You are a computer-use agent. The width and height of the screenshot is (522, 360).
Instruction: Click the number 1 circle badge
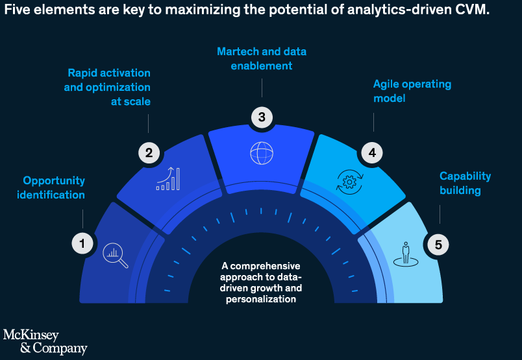pyautogui.click(x=82, y=243)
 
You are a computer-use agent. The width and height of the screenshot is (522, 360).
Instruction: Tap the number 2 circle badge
pyautogui.click(x=149, y=152)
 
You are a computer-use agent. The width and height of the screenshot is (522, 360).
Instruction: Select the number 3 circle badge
pyautogui.click(x=262, y=117)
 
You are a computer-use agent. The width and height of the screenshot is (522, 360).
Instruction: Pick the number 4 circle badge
pyautogui.click(x=372, y=152)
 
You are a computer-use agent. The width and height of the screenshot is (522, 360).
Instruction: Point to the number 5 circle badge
pyautogui.click(x=438, y=245)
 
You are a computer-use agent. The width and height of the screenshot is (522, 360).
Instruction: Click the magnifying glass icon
pyautogui.click(x=115, y=256)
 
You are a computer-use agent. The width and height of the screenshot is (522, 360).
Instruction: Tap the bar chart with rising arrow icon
pyautogui.click(x=168, y=178)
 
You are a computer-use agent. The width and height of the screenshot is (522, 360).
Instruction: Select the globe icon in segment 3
pyautogui.click(x=262, y=153)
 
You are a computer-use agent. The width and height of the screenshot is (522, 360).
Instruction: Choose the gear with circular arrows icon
pyautogui.click(x=349, y=182)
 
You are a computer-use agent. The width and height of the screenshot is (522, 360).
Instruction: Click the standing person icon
pyautogui.click(x=406, y=254)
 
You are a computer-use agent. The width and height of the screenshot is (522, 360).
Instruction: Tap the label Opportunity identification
pyautogui.click(x=51, y=187)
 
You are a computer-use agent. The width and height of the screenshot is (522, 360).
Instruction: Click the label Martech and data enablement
pyautogui.click(x=262, y=58)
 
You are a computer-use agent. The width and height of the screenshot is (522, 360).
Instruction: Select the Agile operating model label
pyautogui.click(x=412, y=91)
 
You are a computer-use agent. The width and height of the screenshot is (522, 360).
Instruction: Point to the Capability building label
pyautogui.click(x=465, y=183)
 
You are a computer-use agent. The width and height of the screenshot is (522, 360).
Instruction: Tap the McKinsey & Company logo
pyautogui.click(x=45, y=342)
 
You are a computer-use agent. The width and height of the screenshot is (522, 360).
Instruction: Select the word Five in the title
pyautogui.click(x=17, y=9)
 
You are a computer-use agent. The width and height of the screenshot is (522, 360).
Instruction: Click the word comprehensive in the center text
pyautogui.click(x=265, y=266)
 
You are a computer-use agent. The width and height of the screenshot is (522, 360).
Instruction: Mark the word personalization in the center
pyautogui.click(x=261, y=299)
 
